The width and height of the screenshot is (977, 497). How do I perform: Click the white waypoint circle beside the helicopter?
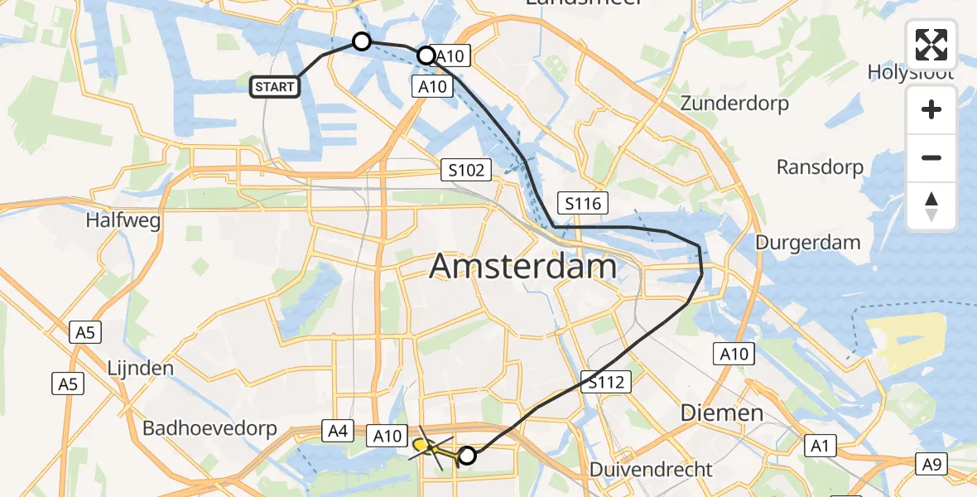(x=468, y=455)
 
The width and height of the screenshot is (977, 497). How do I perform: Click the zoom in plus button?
(x=931, y=110)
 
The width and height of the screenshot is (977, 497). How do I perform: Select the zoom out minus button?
(x=931, y=157)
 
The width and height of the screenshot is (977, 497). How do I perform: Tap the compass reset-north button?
(x=931, y=206)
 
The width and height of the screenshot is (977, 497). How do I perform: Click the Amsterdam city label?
(x=523, y=268)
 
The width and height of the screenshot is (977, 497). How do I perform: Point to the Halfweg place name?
(x=123, y=221)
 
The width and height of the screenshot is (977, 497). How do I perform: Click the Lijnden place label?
(x=140, y=368)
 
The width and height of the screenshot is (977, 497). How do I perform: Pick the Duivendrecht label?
(x=651, y=470)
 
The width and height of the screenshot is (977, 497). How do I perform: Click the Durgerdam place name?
(x=807, y=243)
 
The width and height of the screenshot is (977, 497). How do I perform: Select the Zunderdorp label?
(x=734, y=104)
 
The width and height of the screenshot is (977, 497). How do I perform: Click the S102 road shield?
(x=466, y=170)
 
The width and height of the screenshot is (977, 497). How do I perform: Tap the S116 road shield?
(x=584, y=203)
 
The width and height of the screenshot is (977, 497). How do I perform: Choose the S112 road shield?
(x=606, y=382)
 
